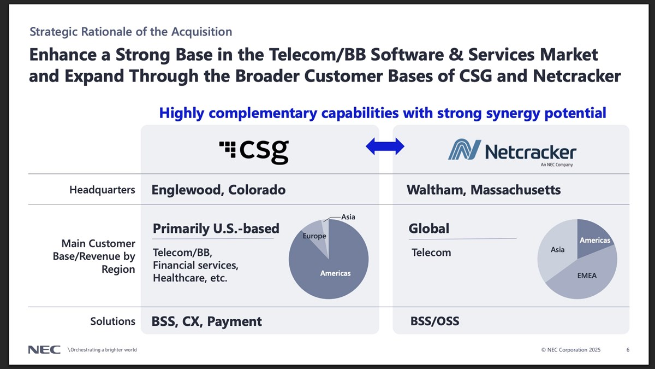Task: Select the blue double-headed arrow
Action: coord(385,146)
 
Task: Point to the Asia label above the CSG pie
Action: coord(348,217)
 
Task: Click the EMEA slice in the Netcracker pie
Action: coord(584,276)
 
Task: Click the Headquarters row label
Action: coord(102,190)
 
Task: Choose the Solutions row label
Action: coord(112,321)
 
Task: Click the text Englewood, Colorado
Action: coord(218,190)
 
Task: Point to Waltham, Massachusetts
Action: coord(484,190)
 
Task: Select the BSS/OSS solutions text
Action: coord(434,321)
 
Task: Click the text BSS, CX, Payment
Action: coord(207,321)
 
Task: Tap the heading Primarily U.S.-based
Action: coord(216,229)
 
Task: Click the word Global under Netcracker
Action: coord(429,229)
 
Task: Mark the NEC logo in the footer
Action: coord(44,350)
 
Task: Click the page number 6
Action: coord(628,350)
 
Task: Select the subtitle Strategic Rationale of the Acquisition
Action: coord(130,32)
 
